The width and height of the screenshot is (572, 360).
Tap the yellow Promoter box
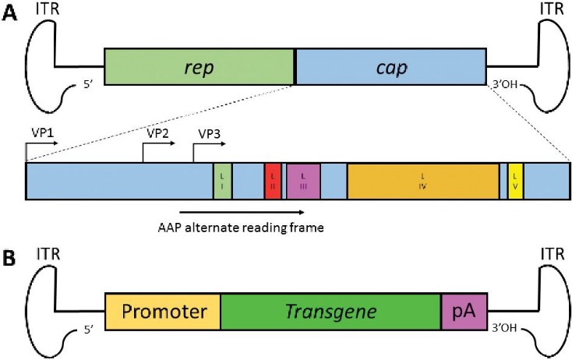point(163,312)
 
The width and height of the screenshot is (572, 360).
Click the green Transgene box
point(330,312)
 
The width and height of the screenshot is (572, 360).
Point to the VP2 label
point(157,133)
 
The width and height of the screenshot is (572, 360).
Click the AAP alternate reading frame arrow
point(242,210)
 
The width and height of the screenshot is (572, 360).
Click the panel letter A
point(11,16)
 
